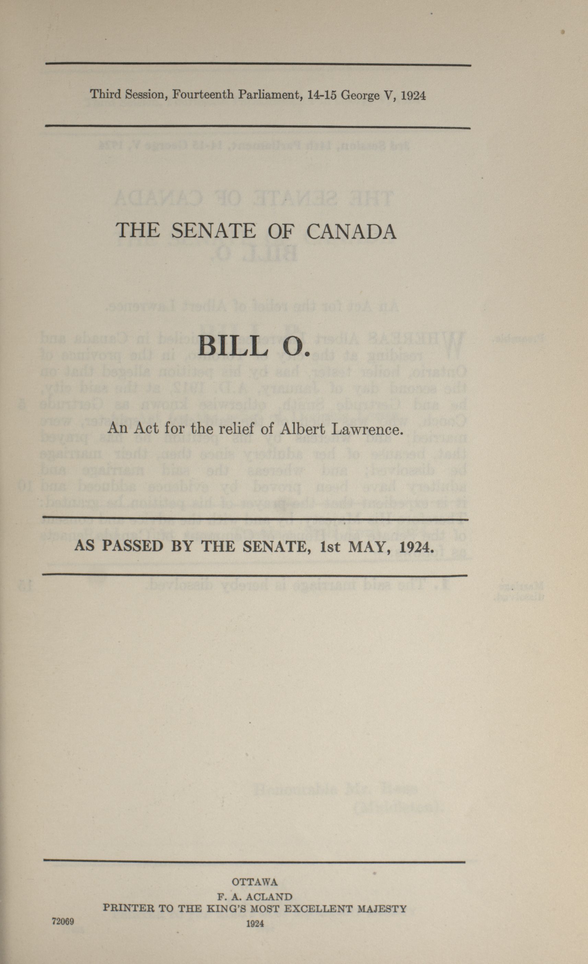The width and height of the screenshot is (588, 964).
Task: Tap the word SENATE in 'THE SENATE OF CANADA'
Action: [x=213, y=231]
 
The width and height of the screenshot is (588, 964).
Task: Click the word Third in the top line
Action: [x=105, y=95]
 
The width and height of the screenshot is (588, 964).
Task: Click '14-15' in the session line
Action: [x=322, y=95]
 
